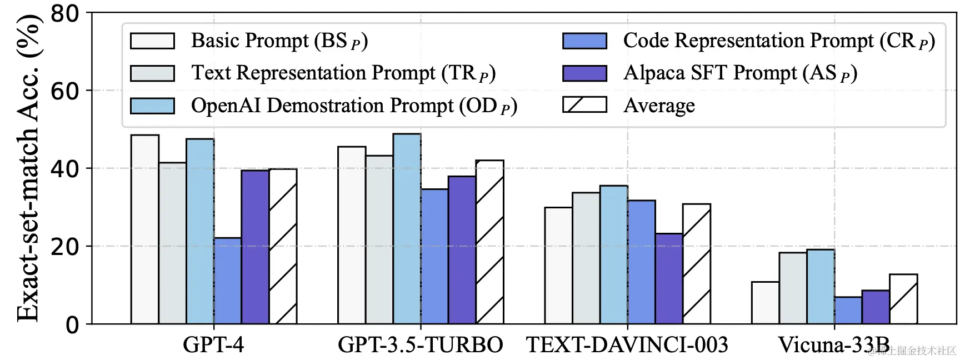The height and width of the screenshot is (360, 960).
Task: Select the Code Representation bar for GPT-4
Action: click(227, 281)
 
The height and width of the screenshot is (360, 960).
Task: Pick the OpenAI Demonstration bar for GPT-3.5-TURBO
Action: click(407, 228)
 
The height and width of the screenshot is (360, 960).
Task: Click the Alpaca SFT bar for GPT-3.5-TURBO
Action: click(462, 249)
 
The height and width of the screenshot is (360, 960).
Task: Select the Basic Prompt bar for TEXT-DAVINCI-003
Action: click(558, 265)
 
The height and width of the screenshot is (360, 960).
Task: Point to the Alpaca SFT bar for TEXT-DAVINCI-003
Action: click(669, 278)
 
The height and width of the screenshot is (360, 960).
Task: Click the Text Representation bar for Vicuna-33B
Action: click(793, 288)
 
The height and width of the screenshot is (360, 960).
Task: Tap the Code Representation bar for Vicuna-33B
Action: click(848, 310)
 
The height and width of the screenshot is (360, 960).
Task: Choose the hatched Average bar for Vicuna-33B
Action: click(903, 299)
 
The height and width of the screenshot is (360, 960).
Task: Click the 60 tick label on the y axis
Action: click(65, 91)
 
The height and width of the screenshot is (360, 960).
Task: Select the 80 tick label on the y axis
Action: click(65, 13)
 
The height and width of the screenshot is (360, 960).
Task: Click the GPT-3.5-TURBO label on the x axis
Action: click(421, 345)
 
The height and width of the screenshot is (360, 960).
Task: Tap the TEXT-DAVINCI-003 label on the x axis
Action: click(627, 345)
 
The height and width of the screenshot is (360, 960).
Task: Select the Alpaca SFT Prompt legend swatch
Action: click(584, 73)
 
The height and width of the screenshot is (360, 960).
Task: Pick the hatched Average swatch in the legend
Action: click(584, 105)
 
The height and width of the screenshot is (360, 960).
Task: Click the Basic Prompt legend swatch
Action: click(152, 41)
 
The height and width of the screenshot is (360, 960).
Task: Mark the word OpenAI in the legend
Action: click(226, 106)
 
